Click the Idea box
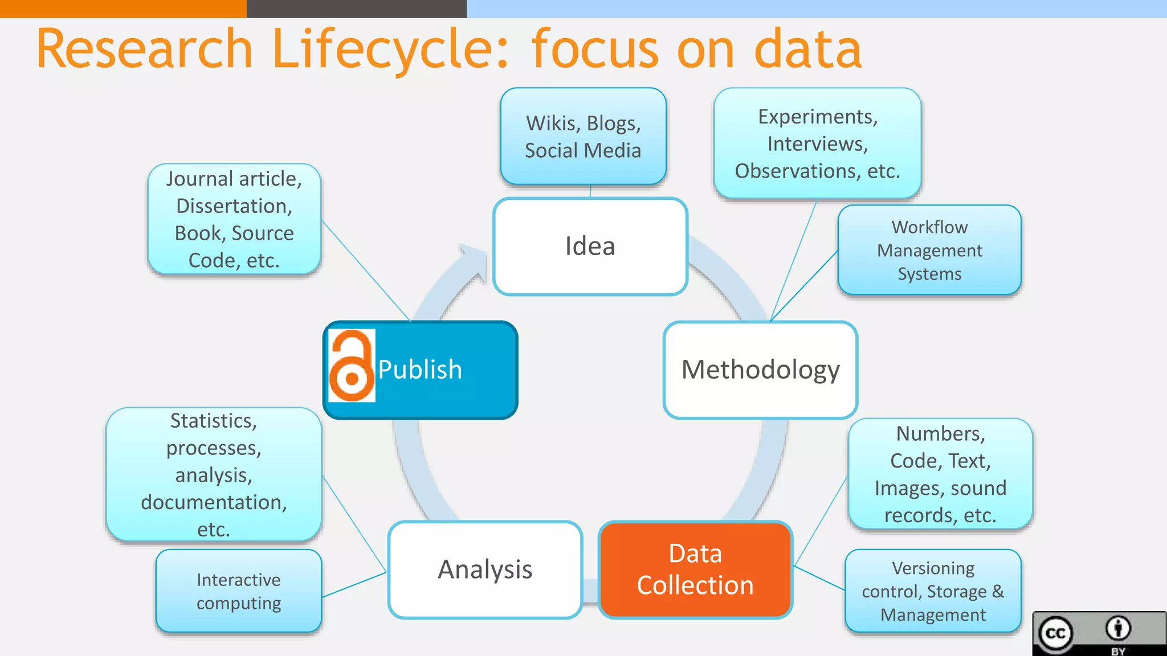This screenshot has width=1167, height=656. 590,247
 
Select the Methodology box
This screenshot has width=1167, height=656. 760,370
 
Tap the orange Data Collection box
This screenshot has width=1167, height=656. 695,569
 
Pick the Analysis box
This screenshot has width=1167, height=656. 485,569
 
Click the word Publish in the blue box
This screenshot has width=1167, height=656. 420,370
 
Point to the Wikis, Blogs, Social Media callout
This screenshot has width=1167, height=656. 583,137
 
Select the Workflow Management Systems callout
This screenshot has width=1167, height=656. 929,251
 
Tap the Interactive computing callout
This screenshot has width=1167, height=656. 238,591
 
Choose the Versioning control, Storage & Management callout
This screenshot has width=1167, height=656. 933,591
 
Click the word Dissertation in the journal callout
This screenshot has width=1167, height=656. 234,206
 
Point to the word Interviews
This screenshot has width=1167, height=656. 817,144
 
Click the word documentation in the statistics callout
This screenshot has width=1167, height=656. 214,502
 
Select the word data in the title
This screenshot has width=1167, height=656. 807,50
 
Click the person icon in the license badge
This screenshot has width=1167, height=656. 1118,629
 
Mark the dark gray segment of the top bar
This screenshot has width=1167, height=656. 356,9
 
